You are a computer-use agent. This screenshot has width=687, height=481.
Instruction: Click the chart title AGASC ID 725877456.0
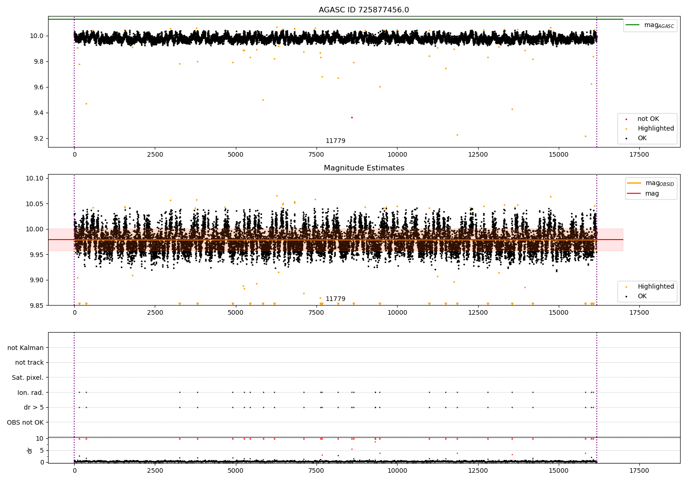[364, 10]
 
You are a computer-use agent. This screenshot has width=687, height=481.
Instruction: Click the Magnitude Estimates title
[364, 168]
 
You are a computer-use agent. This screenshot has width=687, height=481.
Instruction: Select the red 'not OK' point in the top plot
[352, 117]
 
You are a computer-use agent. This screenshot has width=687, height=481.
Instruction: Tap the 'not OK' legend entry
[648, 119]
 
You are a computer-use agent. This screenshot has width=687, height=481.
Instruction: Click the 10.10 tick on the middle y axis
[36, 178]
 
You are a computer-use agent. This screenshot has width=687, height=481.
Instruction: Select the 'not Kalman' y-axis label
[26, 348]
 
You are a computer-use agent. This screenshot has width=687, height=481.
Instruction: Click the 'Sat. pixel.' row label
[27, 377]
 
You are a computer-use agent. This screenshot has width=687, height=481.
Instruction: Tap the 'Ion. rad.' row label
[31, 393]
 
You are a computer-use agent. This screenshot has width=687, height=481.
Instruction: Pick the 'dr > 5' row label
[34, 407]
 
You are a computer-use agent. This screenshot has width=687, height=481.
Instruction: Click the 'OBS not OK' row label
[26, 422]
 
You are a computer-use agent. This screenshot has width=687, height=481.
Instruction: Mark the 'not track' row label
[29, 362]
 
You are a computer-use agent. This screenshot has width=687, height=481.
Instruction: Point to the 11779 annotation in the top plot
[335, 141]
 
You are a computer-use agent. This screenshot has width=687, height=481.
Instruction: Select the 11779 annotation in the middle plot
[335, 299]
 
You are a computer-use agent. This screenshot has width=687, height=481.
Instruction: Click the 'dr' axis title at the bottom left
[30, 450]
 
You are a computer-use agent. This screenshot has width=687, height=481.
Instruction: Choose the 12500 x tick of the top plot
[478, 154]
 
